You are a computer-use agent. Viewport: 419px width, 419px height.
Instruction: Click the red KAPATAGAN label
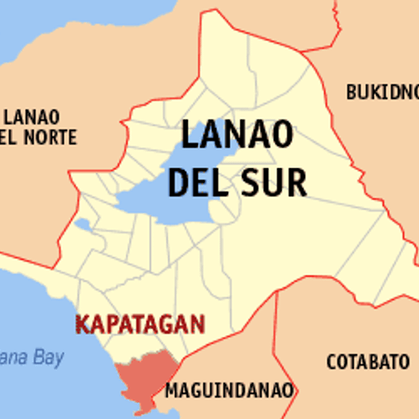pyautogui.click(x=140, y=324)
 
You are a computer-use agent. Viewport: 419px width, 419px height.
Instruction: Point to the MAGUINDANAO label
pyautogui.click(x=229, y=390)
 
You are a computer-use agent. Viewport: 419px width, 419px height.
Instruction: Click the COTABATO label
pyautogui.click(x=368, y=362)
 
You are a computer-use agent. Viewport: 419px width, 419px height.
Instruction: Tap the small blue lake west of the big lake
pyautogui.click(x=84, y=225)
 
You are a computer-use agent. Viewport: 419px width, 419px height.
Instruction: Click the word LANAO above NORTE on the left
pyautogui.click(x=32, y=118)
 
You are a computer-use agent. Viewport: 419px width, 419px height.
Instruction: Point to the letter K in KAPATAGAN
pyautogui.click(x=81, y=324)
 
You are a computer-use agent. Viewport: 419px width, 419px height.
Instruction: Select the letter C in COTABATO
pyautogui.click(x=331, y=362)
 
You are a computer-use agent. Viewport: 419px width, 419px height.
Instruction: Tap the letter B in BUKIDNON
pyautogui.click(x=351, y=92)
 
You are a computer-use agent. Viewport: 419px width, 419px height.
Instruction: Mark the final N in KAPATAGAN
pyautogui.click(x=198, y=324)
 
